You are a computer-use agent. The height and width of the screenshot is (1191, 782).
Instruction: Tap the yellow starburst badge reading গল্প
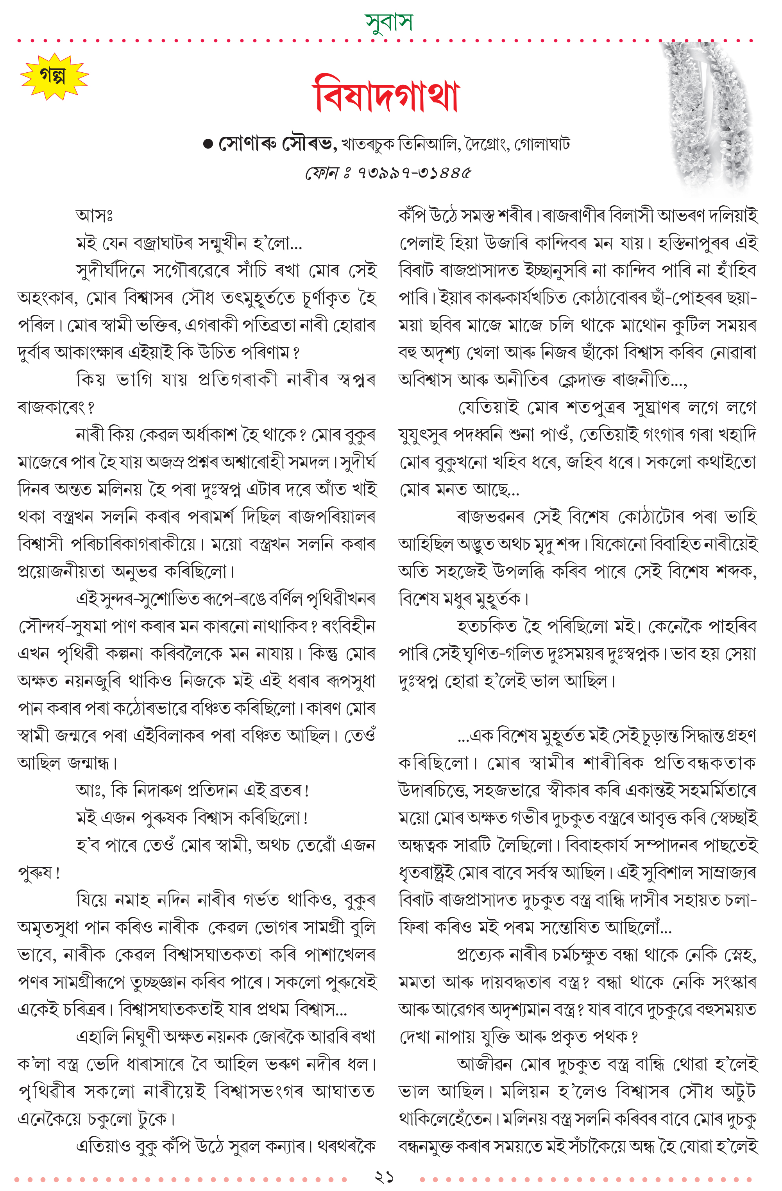pos(54,77)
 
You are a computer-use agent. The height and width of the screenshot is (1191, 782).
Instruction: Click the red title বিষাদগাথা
pos(386,95)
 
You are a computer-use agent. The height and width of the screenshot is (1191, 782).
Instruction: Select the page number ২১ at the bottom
pos(384,1177)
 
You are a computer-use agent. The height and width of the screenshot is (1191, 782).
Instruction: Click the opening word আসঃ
pos(94,216)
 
